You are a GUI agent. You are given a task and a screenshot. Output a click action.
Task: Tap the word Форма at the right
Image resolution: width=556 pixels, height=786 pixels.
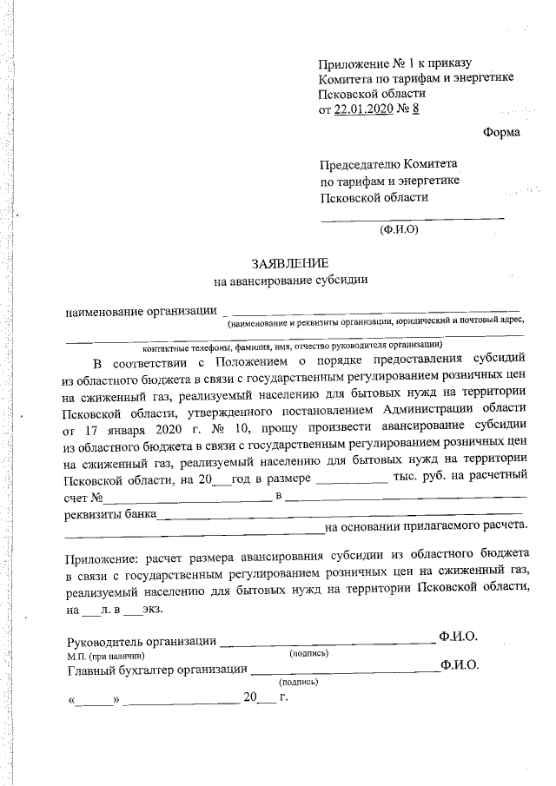[x=502, y=133]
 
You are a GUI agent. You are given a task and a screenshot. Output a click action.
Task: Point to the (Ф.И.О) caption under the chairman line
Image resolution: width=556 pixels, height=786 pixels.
[x=400, y=230]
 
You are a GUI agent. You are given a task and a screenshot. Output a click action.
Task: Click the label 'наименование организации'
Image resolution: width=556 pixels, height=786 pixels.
[x=142, y=312]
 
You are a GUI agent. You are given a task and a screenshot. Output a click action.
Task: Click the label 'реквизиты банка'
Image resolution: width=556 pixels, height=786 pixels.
[x=110, y=513]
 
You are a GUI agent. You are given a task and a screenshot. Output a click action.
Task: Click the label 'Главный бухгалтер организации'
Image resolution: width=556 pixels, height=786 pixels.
[x=156, y=670]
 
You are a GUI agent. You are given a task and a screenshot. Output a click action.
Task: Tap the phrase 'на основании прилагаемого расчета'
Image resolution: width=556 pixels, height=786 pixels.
[x=425, y=526]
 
